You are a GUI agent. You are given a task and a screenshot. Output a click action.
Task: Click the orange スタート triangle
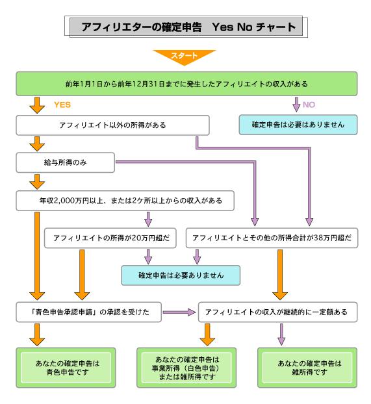point(184,56)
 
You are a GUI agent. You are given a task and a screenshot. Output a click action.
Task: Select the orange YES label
point(62,105)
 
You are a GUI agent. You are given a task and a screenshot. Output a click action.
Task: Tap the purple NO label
point(309,105)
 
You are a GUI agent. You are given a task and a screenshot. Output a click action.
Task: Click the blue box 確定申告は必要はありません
point(298,125)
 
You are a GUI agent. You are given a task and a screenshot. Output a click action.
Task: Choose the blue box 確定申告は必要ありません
point(181,275)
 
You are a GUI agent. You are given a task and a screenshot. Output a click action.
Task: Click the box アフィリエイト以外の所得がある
point(112,125)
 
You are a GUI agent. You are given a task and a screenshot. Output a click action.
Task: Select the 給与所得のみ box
point(65,162)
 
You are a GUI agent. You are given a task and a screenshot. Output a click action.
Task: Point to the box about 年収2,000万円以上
point(125,201)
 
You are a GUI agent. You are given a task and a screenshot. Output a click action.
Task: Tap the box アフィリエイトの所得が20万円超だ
point(110,238)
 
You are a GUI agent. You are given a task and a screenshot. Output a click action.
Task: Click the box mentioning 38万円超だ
point(272,238)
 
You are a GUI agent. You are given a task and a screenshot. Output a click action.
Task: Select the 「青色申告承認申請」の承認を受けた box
point(89,312)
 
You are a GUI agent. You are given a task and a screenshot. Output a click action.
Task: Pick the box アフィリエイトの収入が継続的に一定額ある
point(277,312)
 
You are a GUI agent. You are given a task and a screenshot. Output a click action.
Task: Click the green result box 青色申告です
point(66,368)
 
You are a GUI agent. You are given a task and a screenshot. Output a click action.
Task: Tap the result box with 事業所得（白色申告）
point(186,368)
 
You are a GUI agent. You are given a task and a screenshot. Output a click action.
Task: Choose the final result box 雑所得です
point(307,368)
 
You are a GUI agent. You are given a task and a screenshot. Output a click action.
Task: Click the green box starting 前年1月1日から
point(186,84)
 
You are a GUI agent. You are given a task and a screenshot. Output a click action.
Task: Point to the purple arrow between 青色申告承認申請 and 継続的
point(179,312)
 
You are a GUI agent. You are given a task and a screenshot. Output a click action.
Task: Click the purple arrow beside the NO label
point(296,105)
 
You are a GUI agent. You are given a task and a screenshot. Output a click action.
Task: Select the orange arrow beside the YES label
point(37,105)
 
